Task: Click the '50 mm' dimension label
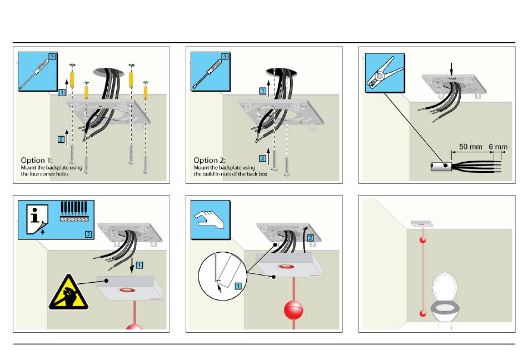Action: pos(470,147)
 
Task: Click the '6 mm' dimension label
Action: pos(497,147)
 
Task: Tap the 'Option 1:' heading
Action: pos(37,161)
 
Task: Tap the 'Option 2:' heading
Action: pos(210,161)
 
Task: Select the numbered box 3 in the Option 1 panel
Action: pos(52,57)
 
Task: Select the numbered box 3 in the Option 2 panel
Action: pos(225,57)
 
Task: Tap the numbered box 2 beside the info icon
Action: pos(88,234)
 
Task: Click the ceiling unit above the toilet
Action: pos(421,223)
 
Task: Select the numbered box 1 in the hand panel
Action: pos(238,285)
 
